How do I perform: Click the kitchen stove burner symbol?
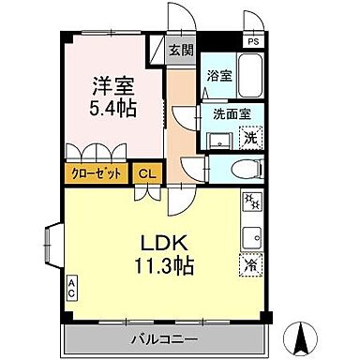(250, 202)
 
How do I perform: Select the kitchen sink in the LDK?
(251, 233)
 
